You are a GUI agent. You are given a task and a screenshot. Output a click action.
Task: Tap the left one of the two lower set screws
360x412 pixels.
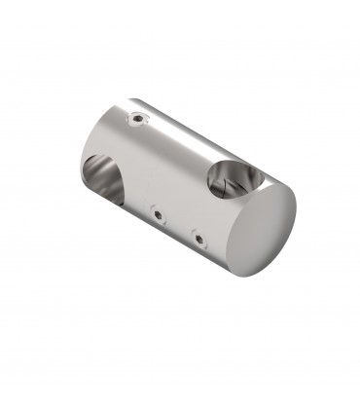(156, 209)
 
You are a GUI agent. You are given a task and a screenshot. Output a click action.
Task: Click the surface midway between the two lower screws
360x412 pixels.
(177, 222)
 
